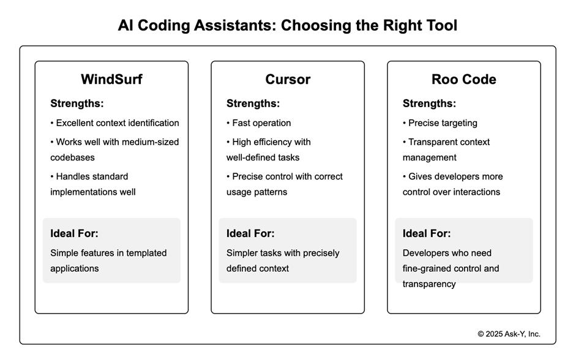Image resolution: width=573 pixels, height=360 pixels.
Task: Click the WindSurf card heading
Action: pos(111,80)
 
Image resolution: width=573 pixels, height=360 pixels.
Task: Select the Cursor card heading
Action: pos(287,80)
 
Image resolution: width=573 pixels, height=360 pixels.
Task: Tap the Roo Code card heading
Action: pos(463,80)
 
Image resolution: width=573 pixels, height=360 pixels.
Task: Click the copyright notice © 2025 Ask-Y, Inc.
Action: pos(509,334)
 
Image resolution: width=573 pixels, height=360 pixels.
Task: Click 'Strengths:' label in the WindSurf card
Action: pos(77,103)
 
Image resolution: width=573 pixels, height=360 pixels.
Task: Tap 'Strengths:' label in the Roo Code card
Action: pos(429,103)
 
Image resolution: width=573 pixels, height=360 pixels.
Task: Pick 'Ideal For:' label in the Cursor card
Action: pos(250,233)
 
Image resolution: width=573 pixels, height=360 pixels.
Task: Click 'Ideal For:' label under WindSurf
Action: pos(74,233)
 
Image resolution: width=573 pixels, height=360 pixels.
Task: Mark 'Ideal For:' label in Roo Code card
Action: pos(427,233)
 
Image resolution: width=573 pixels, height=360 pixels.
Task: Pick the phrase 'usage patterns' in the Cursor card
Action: pos(257,192)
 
